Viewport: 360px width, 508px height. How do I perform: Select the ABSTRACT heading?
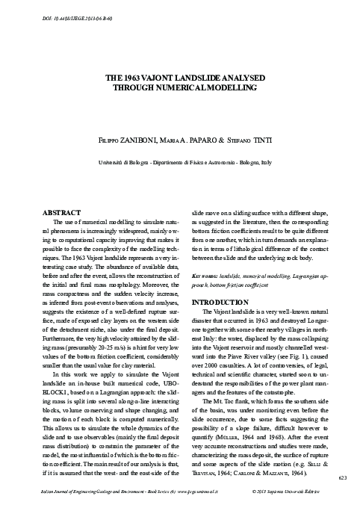(x=63, y=212)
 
